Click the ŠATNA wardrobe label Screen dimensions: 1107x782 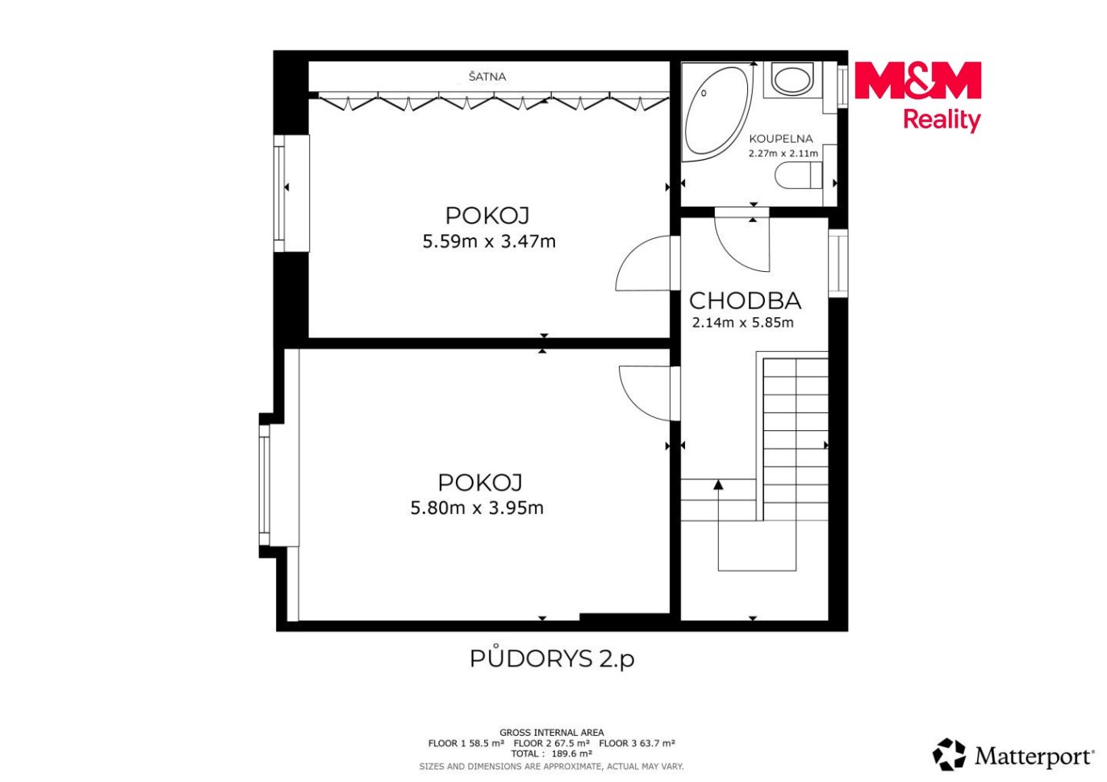(x=487, y=77)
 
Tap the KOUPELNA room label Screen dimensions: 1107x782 (x=781, y=139)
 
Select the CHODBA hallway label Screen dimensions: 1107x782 (x=745, y=300)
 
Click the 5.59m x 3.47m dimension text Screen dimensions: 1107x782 (x=489, y=241)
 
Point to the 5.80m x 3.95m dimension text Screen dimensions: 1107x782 (x=477, y=508)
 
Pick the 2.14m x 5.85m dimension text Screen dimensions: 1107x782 (x=743, y=323)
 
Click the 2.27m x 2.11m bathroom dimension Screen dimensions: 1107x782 (x=783, y=153)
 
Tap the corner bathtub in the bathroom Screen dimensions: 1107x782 (x=717, y=112)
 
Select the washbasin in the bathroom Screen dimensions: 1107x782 (x=792, y=78)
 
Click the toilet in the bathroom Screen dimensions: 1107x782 (x=798, y=176)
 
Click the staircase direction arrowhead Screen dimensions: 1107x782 (x=719, y=484)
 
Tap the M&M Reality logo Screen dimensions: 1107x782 (x=917, y=97)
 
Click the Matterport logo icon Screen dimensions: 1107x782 (x=949, y=755)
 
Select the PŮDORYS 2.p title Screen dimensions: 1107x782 (x=552, y=658)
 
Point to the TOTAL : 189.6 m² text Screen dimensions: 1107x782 (x=552, y=754)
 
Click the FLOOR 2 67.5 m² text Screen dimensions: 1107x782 (x=552, y=743)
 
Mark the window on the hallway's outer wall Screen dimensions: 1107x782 (x=838, y=263)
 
